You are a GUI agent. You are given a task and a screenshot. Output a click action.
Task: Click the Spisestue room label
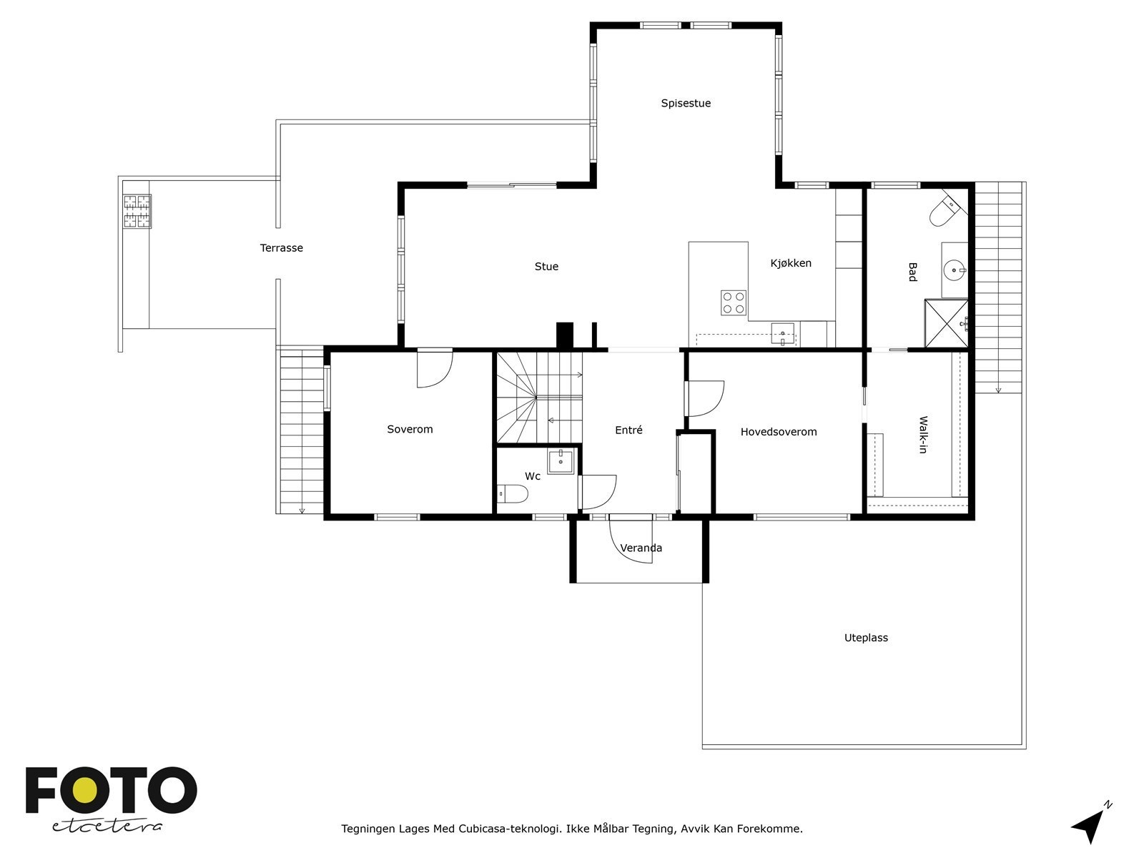click(686, 103)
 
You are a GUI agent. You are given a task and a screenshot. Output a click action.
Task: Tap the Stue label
click(546, 266)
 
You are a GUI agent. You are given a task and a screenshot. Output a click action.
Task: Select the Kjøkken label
click(791, 263)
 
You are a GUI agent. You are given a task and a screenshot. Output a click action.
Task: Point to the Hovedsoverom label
click(779, 431)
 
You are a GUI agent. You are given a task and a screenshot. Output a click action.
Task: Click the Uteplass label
click(866, 637)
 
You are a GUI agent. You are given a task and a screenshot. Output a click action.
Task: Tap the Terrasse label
click(282, 248)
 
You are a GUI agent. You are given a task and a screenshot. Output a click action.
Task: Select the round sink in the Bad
click(955, 270)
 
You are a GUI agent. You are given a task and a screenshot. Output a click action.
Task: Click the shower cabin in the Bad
click(946, 323)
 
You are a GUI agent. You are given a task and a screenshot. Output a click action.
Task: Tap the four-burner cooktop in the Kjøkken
click(734, 302)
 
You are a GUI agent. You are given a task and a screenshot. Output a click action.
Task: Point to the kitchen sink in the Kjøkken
click(783, 334)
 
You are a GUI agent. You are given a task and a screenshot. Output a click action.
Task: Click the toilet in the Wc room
click(513, 493)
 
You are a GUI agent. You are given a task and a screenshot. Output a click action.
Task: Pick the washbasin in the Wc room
click(561, 461)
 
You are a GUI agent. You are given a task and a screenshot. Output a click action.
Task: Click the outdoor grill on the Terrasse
click(137, 211)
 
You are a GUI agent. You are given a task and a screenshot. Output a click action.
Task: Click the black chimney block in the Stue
click(564, 335)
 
